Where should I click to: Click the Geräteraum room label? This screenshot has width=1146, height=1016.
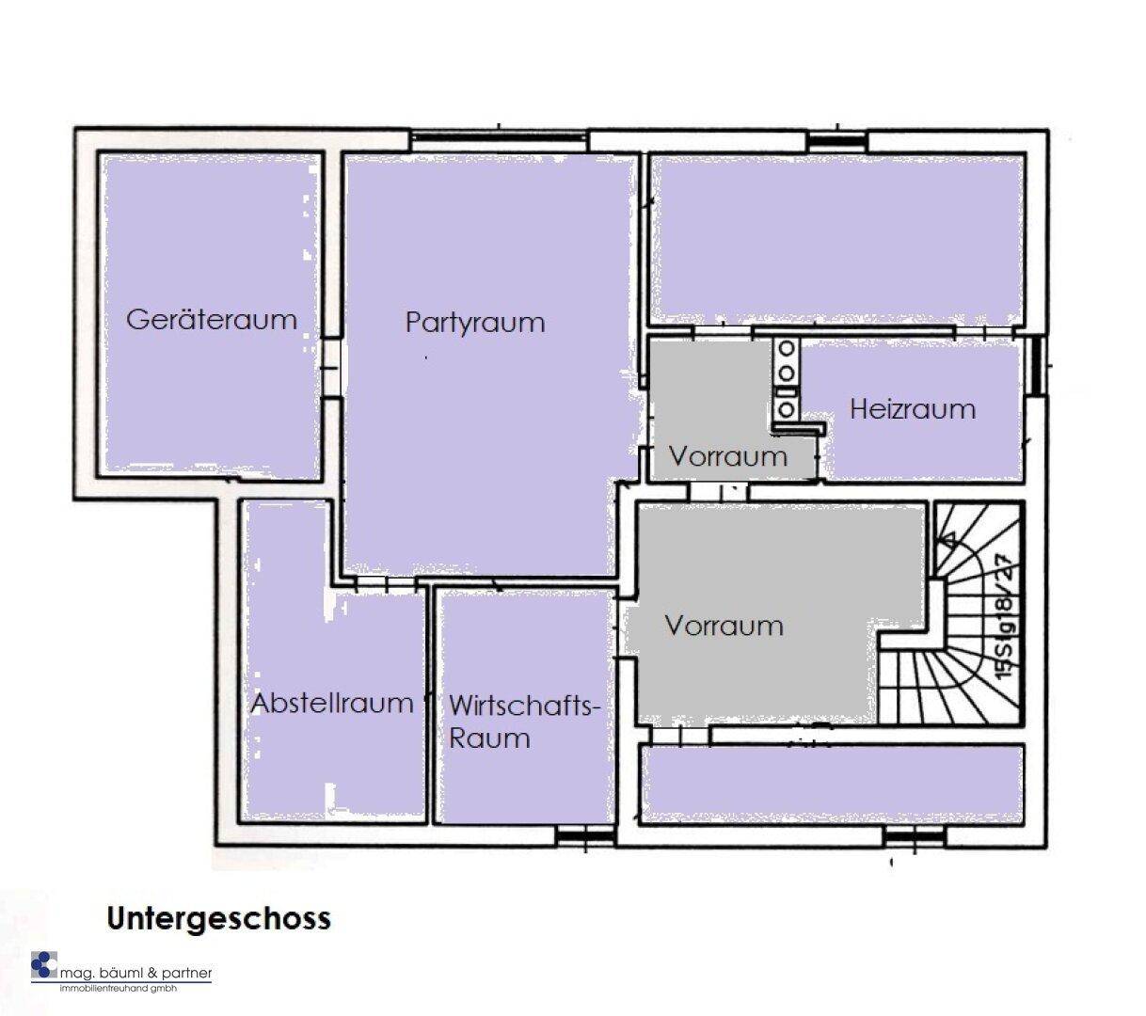point(212,320)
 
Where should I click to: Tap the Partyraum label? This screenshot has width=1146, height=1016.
point(475,323)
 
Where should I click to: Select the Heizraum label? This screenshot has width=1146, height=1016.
point(913,409)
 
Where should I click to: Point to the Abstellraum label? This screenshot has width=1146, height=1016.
point(332,703)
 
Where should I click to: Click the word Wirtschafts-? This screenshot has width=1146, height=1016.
point(524,706)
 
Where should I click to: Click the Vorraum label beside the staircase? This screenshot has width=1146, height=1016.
point(724,626)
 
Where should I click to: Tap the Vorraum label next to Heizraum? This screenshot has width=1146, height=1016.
point(728,456)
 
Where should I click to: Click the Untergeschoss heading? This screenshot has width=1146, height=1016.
point(218,919)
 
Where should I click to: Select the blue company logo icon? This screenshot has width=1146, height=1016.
point(43,965)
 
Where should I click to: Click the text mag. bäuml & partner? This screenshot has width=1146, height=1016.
point(135,973)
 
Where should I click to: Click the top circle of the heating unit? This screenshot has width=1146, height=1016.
point(787,348)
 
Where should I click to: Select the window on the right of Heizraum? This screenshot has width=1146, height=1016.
point(1036,367)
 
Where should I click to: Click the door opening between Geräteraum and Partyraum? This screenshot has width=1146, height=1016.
point(331,369)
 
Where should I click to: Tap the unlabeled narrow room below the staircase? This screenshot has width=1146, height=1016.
point(833,784)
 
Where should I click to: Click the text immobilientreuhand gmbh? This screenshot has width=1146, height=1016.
point(119,988)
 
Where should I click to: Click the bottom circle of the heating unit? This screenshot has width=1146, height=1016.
point(787,408)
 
